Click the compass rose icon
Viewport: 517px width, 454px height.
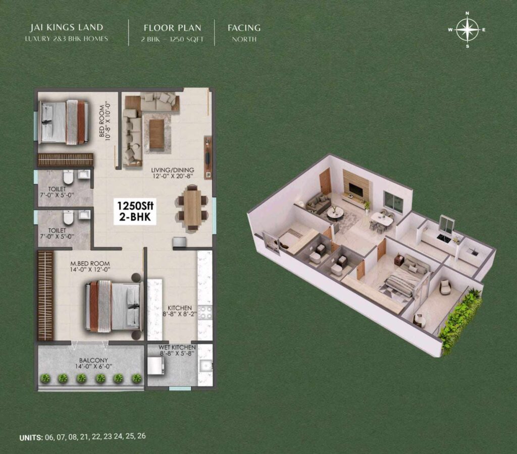(467, 29)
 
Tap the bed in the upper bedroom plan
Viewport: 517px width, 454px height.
(63, 122)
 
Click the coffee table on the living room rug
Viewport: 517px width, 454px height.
(157, 134)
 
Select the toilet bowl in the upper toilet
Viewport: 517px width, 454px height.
(68, 178)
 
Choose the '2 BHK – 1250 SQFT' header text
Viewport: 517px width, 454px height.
(173, 39)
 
